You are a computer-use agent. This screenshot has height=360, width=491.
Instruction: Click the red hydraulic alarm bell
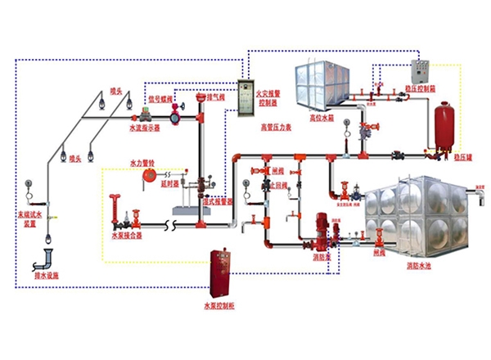pyautogui.click(x=150, y=174)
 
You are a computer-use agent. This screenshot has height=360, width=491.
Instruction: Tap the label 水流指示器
pyautogui.click(x=145, y=128)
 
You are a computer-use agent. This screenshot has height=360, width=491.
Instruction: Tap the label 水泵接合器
pyautogui.click(x=127, y=235)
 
